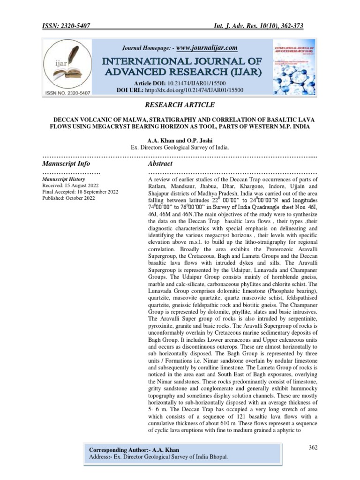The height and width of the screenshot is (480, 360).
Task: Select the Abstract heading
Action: pos(160,164)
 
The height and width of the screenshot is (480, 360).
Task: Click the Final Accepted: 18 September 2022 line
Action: pos(80,192)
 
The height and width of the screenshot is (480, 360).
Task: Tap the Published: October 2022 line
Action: pos(68,198)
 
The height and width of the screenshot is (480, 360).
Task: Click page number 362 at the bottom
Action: pos(313,448)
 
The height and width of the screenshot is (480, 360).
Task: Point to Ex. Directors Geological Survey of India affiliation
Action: pos(180,147)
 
